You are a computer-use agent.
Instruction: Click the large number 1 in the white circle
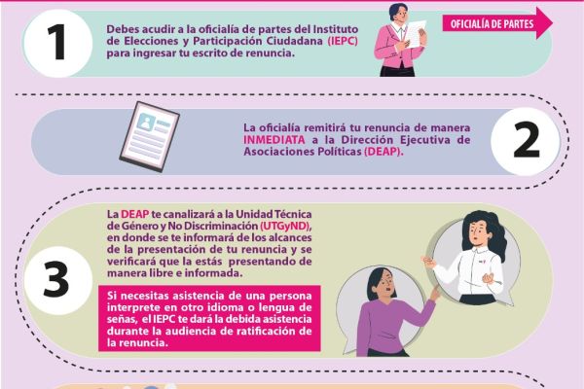pyautogui.click(x=57, y=42)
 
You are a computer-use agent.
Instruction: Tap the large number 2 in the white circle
pyautogui.click(x=526, y=140)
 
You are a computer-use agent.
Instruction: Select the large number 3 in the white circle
pyautogui.click(x=56, y=279)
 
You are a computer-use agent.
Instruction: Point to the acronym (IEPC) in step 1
pyautogui.click(x=343, y=41)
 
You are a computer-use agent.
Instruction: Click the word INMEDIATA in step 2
pyautogui.click(x=274, y=140)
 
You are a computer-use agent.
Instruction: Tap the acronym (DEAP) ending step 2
pyautogui.click(x=383, y=152)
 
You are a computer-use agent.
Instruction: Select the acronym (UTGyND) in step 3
pyautogui.click(x=285, y=226)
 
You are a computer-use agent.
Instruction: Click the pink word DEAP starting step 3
pyautogui.click(x=135, y=214)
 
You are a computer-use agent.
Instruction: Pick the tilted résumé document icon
pyautogui.click(x=149, y=136)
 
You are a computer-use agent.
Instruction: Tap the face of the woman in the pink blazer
pyautogui.click(x=400, y=15)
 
